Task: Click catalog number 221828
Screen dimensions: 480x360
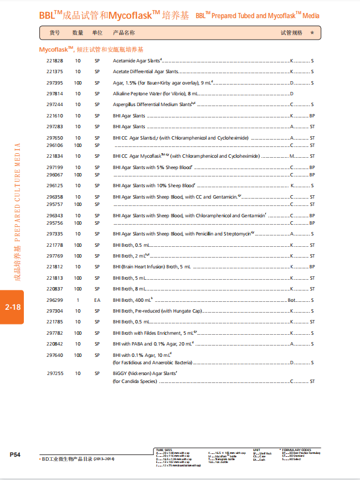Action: pos(55,60)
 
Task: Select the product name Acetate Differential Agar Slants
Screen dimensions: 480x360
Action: pos(145,71)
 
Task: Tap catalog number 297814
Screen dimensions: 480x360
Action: pos(55,93)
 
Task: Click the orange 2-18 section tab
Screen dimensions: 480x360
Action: pos(12,307)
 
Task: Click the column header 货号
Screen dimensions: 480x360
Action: pos(55,33)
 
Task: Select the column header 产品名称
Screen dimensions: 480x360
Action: pos(124,33)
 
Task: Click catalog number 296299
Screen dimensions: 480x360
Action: pos(55,300)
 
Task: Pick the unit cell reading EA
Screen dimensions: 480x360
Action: pos(97,300)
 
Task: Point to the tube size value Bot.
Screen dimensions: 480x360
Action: pos(292,300)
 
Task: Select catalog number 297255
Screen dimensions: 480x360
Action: pos(55,373)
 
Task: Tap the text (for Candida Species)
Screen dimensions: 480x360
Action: pos(135,381)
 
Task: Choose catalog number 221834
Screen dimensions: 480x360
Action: pos(55,155)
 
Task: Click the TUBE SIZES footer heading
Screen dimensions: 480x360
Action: pos(164,450)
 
